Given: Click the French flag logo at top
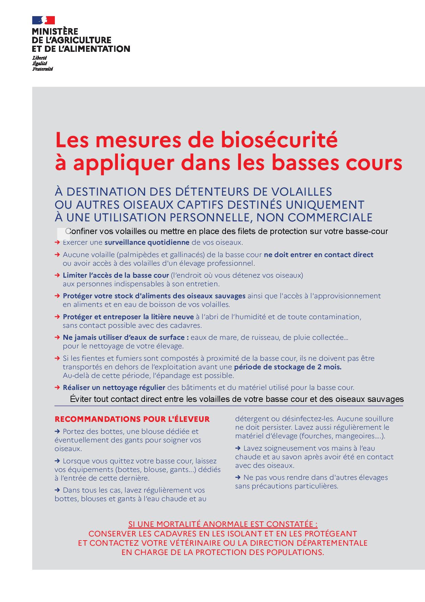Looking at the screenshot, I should [x=44, y=20].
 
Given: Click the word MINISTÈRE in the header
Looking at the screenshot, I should [x=55, y=32].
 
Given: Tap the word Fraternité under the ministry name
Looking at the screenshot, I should [x=42, y=69].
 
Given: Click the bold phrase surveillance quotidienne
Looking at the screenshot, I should [x=147, y=242].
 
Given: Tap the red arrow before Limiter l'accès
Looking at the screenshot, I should [x=57, y=275].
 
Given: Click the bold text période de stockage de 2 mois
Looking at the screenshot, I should [x=288, y=367].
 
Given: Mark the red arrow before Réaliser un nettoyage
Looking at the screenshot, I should [x=57, y=387].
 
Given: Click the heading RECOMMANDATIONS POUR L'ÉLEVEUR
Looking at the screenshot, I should [x=132, y=419].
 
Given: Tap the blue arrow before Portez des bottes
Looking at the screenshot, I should [x=57, y=431].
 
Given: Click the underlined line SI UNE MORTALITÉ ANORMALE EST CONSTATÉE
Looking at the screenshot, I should [x=223, y=524].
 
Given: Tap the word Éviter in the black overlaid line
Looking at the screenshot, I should [x=80, y=399].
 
